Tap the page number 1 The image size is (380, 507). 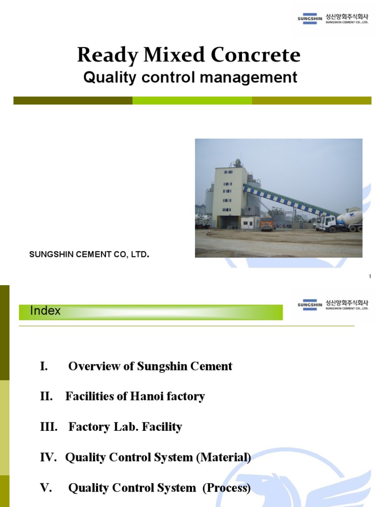pos(370,276)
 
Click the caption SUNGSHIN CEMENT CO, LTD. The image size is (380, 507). pos(89,254)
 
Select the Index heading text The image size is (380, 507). pos(46,311)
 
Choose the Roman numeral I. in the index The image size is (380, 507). pos(44,366)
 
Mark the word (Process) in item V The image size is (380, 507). pos(226,488)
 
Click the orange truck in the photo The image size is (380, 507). pos(267,223)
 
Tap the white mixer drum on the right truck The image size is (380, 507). pos(349,217)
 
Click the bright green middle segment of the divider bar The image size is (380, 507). pos(192,101)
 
